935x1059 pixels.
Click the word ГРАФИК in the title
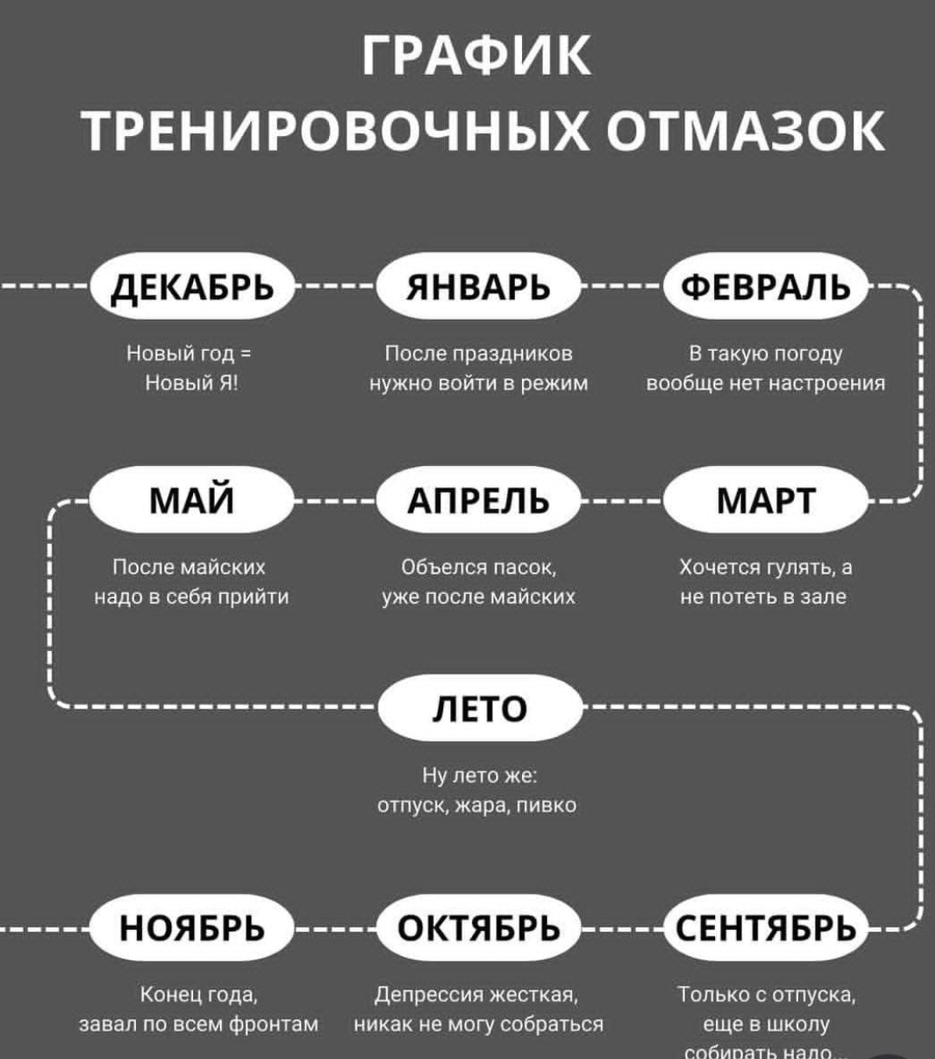pyautogui.click(x=477, y=56)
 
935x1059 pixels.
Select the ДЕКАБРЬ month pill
pyautogui.click(x=191, y=287)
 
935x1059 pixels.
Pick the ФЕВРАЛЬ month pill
pyautogui.click(x=765, y=287)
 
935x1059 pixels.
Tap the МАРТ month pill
pyautogui.click(x=765, y=500)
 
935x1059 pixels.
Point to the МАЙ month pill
pyautogui.click(x=191, y=500)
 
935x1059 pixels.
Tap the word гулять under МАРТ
pyautogui.click(x=794, y=568)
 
